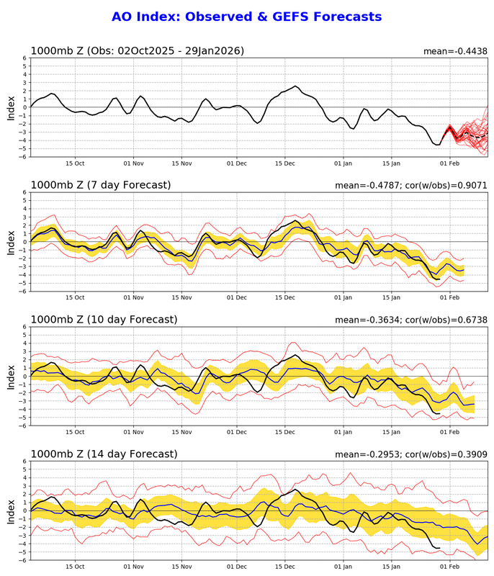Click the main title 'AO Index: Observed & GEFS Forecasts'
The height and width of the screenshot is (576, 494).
pyautogui.click(x=247, y=17)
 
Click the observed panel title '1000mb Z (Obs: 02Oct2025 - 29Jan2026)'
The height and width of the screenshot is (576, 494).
pyautogui.click(x=137, y=50)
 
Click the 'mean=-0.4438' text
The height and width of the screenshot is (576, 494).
pyautogui.click(x=455, y=51)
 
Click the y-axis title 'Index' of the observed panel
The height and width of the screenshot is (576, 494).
pyautogui.click(x=11, y=107)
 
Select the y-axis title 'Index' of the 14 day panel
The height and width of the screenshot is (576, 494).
pyautogui.click(x=11, y=510)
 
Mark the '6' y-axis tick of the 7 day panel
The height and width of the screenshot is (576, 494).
pyautogui.click(x=24, y=192)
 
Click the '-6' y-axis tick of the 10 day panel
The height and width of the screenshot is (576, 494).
pyautogui.click(x=22, y=426)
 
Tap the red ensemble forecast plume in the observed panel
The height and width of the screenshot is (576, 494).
pyautogui.click(x=468, y=133)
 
